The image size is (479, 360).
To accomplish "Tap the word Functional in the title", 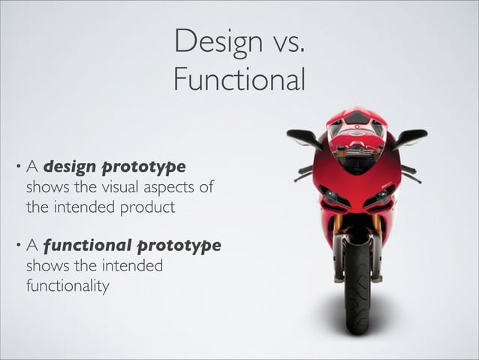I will [x=239, y=79].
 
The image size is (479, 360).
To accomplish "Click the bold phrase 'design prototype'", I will [x=114, y=165].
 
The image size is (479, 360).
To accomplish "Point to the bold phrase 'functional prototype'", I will [x=132, y=246].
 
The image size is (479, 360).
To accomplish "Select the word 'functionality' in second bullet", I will [x=68, y=286].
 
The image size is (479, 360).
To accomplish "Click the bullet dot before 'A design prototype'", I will [x=17, y=165].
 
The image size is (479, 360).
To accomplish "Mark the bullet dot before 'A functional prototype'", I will [x=17, y=246].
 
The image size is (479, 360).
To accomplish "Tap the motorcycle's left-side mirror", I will [x=303, y=137].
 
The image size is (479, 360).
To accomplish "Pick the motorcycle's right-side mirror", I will [x=411, y=137].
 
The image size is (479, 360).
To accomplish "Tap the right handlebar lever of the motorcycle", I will [x=410, y=174].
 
